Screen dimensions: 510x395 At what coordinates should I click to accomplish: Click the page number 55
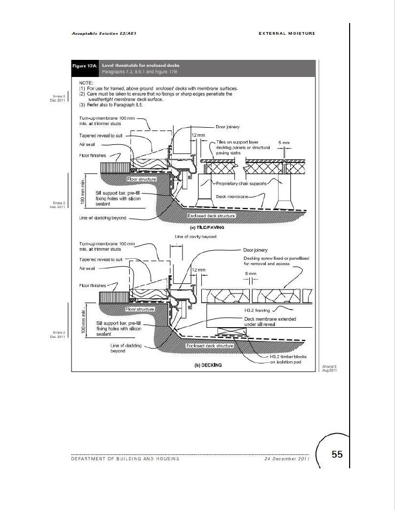point(337,454)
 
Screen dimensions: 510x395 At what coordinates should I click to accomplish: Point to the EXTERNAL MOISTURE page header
point(287,33)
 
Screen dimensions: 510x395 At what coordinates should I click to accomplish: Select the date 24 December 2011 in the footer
point(287,459)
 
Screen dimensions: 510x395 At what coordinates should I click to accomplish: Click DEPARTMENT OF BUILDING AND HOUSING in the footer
point(126,459)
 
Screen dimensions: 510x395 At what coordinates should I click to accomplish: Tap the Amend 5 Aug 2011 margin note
point(329,368)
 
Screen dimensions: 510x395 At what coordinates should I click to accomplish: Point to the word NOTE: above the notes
point(86,83)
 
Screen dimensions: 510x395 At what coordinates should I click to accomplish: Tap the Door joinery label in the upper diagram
point(230,128)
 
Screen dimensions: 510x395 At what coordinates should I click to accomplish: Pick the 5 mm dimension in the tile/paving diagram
point(285,143)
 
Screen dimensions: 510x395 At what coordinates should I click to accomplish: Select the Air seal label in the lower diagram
point(86,268)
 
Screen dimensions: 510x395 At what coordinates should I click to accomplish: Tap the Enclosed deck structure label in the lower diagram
point(210,346)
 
